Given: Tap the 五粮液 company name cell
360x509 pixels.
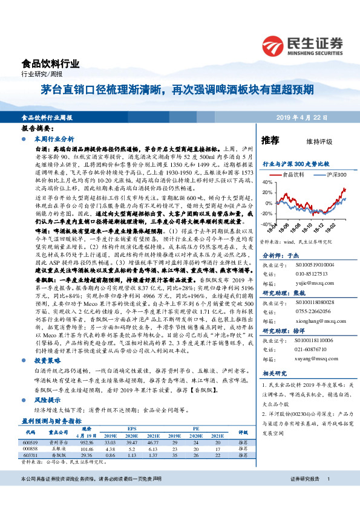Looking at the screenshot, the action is coord(58,449).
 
